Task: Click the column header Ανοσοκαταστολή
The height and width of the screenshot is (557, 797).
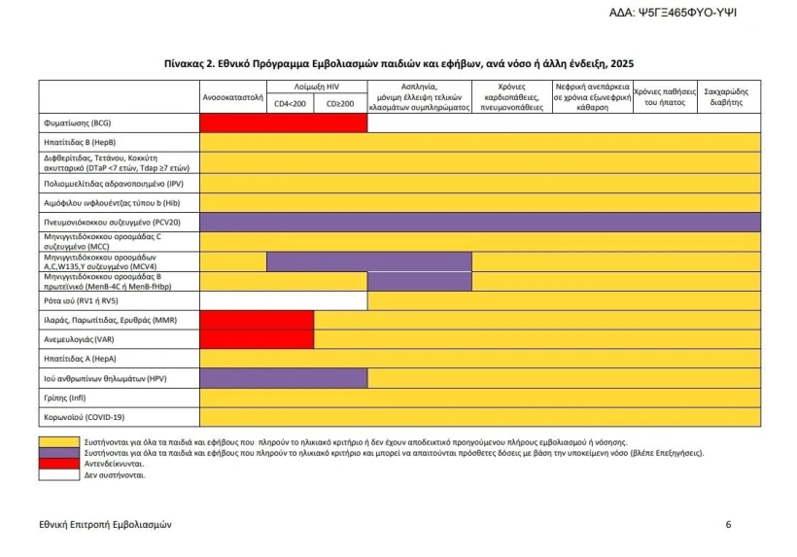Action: point(233,97)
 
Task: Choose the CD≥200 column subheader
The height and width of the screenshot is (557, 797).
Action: point(341,104)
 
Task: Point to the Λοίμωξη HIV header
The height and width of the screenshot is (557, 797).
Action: point(317,87)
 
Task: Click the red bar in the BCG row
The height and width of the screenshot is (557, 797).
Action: point(283,123)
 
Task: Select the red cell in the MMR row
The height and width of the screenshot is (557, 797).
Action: point(257,320)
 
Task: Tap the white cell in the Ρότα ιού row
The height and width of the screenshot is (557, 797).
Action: point(283,301)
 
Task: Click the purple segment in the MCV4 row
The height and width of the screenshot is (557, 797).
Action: point(368,261)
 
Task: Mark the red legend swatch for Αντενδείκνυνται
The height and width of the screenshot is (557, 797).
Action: point(59,465)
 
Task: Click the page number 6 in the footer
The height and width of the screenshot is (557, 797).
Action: point(729,525)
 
